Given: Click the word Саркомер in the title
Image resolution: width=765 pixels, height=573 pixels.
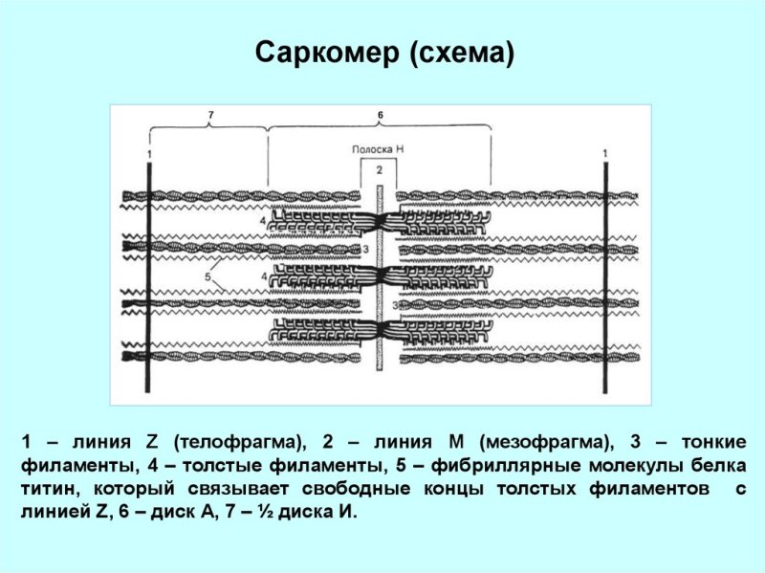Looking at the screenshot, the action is point(326,53).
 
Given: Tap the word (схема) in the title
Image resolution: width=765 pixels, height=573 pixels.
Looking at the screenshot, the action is point(462,53).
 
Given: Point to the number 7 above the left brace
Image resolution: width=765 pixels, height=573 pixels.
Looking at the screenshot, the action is point(210,115).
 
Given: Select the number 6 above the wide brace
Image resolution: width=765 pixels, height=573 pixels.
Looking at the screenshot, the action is point(380,115).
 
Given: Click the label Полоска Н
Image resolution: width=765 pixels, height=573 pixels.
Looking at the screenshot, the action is point(378,149).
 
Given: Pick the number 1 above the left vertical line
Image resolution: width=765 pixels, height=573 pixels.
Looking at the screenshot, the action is point(149,154).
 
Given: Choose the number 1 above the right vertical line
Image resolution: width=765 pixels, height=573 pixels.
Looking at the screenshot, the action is point(605,153).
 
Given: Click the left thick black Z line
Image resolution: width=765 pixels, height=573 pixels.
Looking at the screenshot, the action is point(148,277).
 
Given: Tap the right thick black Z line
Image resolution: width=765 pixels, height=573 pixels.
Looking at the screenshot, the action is point(605,277).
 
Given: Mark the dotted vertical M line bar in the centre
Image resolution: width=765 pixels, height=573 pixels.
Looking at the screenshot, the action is point(379,276).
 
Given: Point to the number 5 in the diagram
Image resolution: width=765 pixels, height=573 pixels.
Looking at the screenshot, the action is point(208,276).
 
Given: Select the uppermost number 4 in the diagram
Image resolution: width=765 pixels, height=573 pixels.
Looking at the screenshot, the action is point(263,221).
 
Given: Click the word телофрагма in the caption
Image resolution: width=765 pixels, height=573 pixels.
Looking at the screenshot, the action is point(238,442).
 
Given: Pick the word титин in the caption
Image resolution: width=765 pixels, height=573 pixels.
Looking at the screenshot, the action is point(51,489).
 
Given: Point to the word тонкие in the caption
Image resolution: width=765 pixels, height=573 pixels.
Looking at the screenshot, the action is point(713,442).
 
